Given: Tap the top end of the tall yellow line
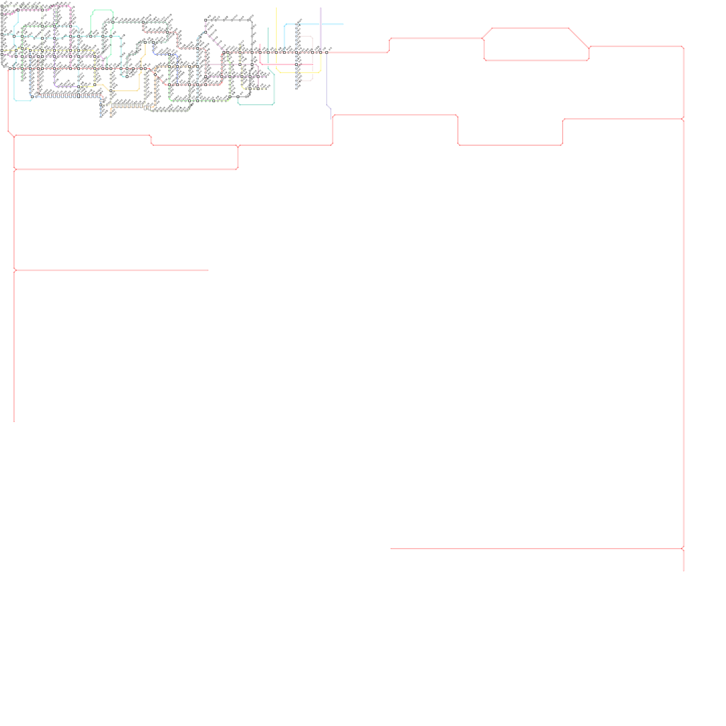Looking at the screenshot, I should click(x=276, y=8).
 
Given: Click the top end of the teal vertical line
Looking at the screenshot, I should click(x=268, y=28).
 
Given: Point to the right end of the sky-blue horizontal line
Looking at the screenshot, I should click(x=343, y=25).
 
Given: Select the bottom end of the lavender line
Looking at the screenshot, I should click(x=330, y=119).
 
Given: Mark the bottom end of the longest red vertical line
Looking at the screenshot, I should click(x=14, y=421).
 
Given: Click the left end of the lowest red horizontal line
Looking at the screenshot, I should click(x=391, y=548).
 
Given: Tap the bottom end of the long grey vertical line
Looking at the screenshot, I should click(x=683, y=571).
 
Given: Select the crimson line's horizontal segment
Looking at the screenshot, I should click(x=286, y=64).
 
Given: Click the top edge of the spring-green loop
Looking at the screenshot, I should click(x=102, y=10).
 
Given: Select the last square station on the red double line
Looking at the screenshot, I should click(x=327, y=53).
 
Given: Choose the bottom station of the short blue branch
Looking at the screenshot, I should click(x=101, y=116).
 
